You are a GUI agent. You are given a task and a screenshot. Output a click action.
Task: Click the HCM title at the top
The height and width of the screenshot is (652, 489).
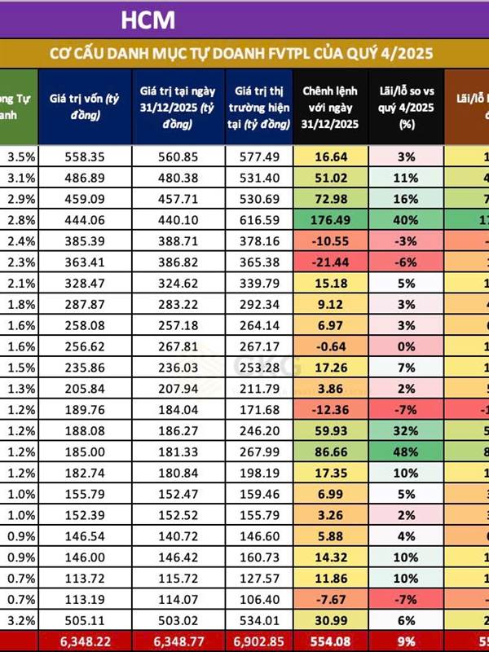pos(147,19)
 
